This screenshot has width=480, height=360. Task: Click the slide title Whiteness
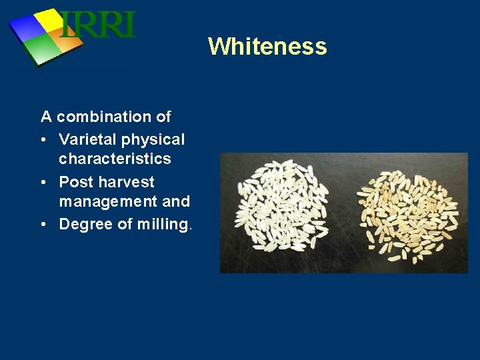(267, 47)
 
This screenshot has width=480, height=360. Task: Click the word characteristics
(115, 159)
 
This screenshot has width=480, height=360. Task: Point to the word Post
(73, 182)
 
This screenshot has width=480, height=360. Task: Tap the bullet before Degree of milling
(44, 225)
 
